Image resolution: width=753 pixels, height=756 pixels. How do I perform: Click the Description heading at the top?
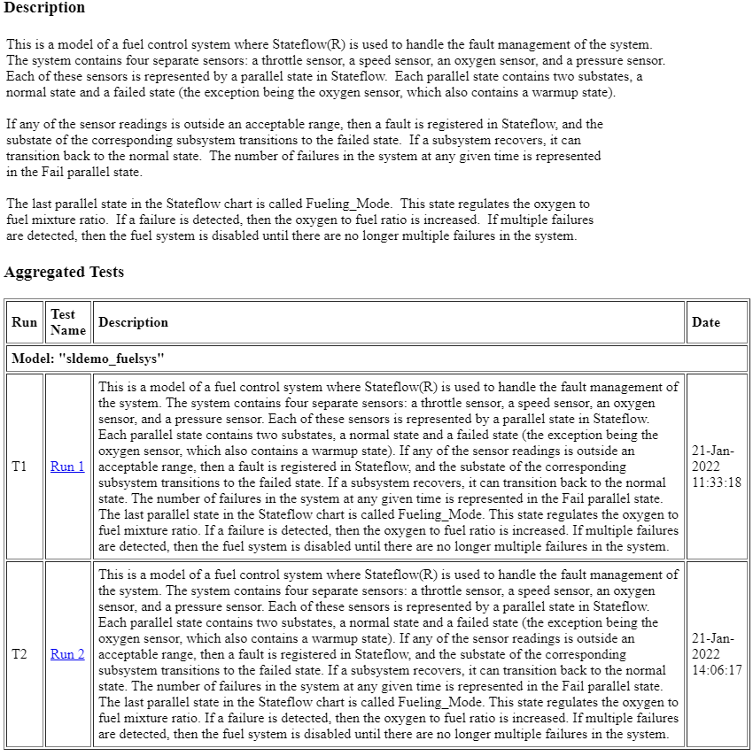point(44,8)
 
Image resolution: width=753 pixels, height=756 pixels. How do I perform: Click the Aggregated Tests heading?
point(64,273)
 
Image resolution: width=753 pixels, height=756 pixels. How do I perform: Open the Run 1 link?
point(67,467)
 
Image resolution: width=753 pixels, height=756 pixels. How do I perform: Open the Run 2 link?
point(67,654)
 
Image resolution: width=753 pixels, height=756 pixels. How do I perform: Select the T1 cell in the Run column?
point(19,467)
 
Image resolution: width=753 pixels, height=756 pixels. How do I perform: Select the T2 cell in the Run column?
point(19,654)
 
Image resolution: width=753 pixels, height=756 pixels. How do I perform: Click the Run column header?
point(24,322)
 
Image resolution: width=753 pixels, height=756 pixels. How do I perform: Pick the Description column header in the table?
point(133,322)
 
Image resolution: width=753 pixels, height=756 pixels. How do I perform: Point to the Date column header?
point(706,322)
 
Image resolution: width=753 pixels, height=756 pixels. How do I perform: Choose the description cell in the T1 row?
point(388,467)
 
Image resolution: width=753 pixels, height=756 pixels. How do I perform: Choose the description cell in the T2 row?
point(388,654)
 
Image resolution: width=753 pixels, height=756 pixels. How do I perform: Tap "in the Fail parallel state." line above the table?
point(74,173)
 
